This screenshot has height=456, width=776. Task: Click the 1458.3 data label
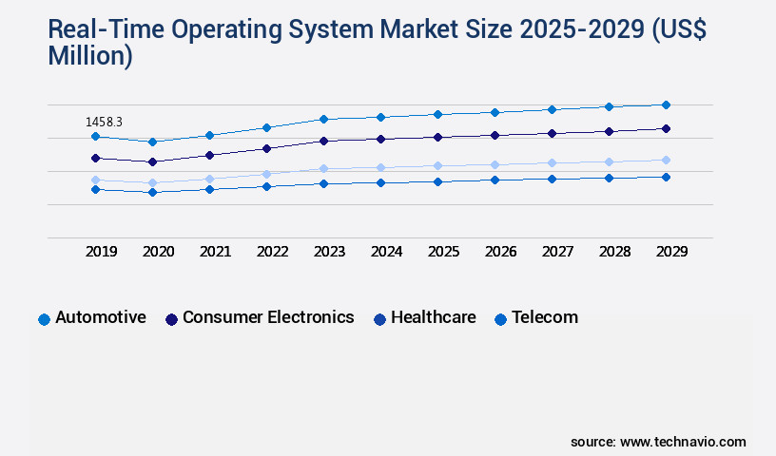coord(104,122)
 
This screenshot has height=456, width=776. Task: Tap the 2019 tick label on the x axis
coord(102,252)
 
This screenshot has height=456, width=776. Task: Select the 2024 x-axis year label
coord(386,252)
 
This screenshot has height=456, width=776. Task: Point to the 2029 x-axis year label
coord(671,252)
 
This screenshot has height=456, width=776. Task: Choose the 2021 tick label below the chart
coord(215,252)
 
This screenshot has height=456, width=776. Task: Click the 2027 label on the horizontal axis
coord(557,252)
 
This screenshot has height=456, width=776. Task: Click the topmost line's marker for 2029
coord(666,104)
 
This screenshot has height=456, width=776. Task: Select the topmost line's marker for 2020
coord(152,142)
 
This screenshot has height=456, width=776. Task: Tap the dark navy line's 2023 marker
coord(323,141)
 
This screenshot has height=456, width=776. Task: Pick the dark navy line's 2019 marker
coord(95,158)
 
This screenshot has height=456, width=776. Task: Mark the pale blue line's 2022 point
coord(266,174)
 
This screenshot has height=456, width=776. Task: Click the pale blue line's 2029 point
coord(666,160)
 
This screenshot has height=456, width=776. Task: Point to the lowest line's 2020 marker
coord(152,192)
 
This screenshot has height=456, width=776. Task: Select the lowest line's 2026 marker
coord(495,180)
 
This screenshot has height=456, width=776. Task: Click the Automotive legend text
coord(101,317)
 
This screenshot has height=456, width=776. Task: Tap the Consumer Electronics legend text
coord(268,317)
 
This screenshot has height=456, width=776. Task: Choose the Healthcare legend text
coord(433,317)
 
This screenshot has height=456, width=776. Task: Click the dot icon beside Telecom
coord(500,319)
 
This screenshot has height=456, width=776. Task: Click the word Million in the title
coord(90,56)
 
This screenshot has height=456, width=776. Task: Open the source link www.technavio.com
coord(683,442)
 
